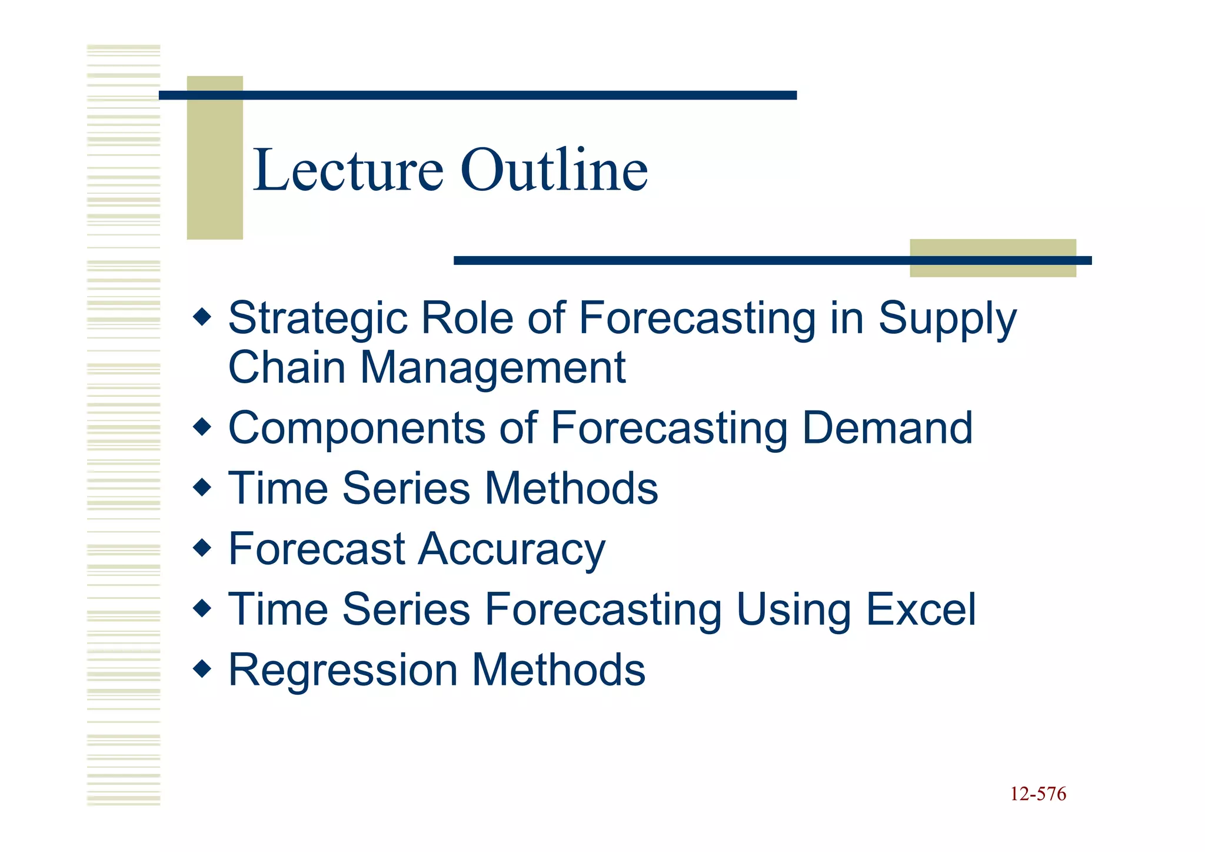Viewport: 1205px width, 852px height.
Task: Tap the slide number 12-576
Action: (x=1038, y=794)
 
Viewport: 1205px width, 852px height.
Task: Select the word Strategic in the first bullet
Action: (x=317, y=319)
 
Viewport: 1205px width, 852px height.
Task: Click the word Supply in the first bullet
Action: (x=947, y=319)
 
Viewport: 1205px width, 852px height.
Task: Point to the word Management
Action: (x=492, y=368)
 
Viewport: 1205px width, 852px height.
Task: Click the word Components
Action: (x=357, y=429)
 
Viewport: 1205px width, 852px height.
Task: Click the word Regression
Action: (x=343, y=671)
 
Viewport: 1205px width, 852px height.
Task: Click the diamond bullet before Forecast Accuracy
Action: (x=202, y=548)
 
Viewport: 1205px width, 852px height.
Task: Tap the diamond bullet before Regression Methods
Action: (x=202, y=669)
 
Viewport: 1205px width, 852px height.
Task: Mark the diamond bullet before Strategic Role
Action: (x=202, y=317)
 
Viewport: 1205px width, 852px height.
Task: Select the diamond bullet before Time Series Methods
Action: (x=202, y=488)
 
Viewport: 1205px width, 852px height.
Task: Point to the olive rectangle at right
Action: (x=993, y=258)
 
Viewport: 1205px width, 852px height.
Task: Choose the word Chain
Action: (x=287, y=368)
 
